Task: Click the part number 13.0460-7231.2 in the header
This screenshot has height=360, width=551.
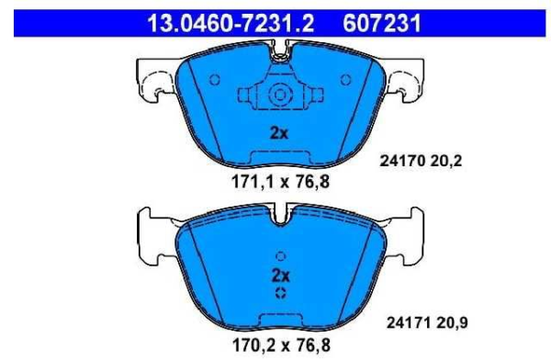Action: pos(231,23)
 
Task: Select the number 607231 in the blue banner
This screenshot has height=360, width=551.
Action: pos(382,23)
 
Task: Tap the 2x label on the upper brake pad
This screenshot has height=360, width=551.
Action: pos(279,133)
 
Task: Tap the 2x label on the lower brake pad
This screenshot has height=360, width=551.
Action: pos(280,276)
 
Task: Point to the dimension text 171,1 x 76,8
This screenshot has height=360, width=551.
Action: pos(280,182)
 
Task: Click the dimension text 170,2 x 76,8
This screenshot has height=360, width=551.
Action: pos(281,345)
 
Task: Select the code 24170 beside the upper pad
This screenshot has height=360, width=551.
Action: pos(403,161)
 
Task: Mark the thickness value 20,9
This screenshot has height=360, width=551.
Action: pos(453,322)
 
